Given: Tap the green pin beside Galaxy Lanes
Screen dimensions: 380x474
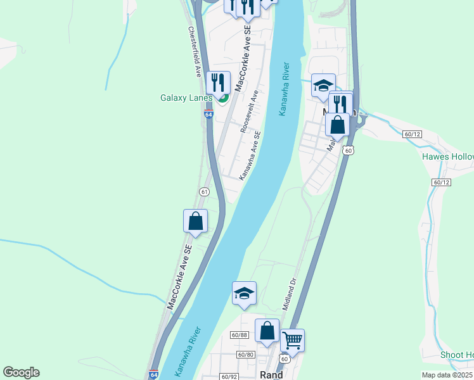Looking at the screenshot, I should (222, 98).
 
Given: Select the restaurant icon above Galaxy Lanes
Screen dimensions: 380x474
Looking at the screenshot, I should (218, 82).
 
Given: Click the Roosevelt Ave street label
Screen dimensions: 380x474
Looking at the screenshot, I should (249, 111).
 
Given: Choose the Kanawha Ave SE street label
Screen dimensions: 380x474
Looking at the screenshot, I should (250, 155).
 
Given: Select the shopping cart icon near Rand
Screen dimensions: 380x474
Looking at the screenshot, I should (292, 341).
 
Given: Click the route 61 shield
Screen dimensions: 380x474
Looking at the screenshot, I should (204, 191).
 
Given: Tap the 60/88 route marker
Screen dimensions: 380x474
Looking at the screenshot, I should (239, 335).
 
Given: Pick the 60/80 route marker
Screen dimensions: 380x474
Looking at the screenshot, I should (247, 355).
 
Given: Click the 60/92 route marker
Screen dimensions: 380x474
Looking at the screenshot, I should (229, 376).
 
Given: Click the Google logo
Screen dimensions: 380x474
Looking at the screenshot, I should (21, 372).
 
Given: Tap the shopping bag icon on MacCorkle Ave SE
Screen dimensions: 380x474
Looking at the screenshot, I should (195, 221).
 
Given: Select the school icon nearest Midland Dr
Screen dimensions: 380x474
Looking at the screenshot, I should (244, 293).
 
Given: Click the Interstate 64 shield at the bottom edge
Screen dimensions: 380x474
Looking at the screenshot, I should (153, 375).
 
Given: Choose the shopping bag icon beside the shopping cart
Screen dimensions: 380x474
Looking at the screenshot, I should (267, 331).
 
